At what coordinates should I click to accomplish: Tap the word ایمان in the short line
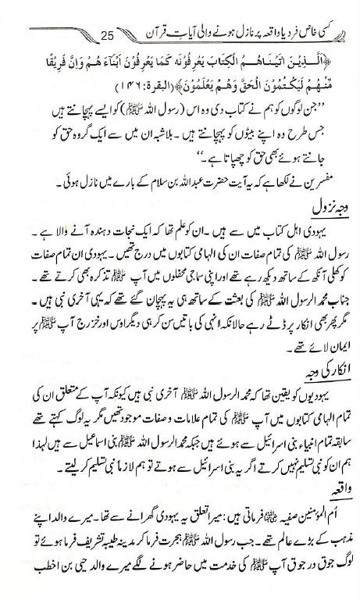tap(333, 365)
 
